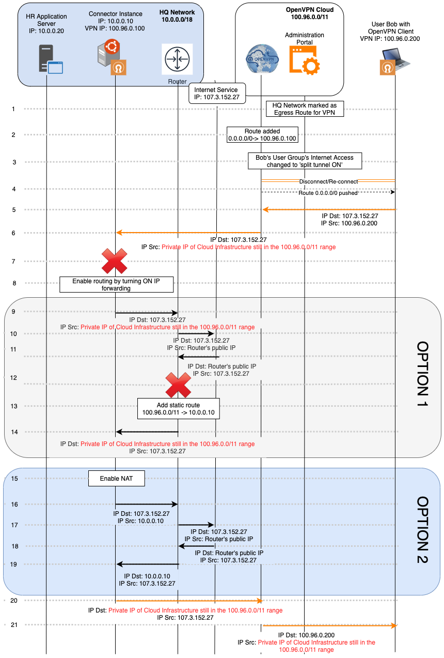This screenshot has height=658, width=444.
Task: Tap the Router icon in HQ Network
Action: pyautogui.click(x=177, y=58)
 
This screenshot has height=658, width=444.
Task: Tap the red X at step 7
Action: pyautogui.click(x=114, y=261)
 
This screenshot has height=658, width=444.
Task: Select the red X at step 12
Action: pyautogui.click(x=178, y=385)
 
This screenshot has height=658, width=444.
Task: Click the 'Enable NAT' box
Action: pyautogui.click(x=116, y=479)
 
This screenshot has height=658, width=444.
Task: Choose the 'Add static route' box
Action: pyautogui.click(x=178, y=408)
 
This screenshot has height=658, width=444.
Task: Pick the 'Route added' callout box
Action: pyautogui.click(x=263, y=135)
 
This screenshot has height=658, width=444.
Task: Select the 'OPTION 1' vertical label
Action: pyautogui.click(x=422, y=374)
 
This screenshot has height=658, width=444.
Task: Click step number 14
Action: pyautogui.click(x=14, y=432)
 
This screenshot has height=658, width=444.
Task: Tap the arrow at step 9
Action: pyautogui.click(x=147, y=313)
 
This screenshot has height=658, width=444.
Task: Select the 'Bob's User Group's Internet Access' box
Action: pyautogui.click(x=305, y=161)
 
